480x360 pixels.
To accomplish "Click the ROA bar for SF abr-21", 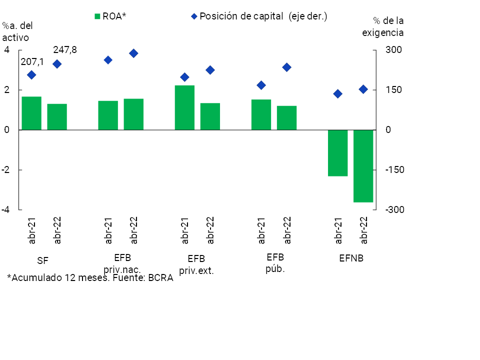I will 31,113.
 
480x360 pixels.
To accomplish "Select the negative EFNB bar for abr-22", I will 363,166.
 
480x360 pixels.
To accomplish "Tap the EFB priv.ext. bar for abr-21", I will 184,107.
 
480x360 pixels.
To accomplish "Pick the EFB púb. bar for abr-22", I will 286,118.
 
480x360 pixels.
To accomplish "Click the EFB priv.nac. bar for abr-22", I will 133,114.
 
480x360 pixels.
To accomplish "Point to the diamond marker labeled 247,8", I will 57,64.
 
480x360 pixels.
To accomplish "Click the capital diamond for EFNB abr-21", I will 337,94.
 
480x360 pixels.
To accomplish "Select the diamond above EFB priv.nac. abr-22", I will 133,53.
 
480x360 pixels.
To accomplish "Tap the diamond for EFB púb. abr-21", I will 261,85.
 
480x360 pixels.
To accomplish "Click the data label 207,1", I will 32,62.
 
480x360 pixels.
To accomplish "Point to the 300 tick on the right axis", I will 393,50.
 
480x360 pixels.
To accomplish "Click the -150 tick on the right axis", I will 393,170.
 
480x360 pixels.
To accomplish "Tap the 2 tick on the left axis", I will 7,90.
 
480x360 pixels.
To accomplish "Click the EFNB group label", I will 351,259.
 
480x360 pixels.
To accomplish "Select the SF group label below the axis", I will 43,260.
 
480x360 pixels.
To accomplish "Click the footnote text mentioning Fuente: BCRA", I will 90,278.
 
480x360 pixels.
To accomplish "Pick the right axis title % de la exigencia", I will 388,27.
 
